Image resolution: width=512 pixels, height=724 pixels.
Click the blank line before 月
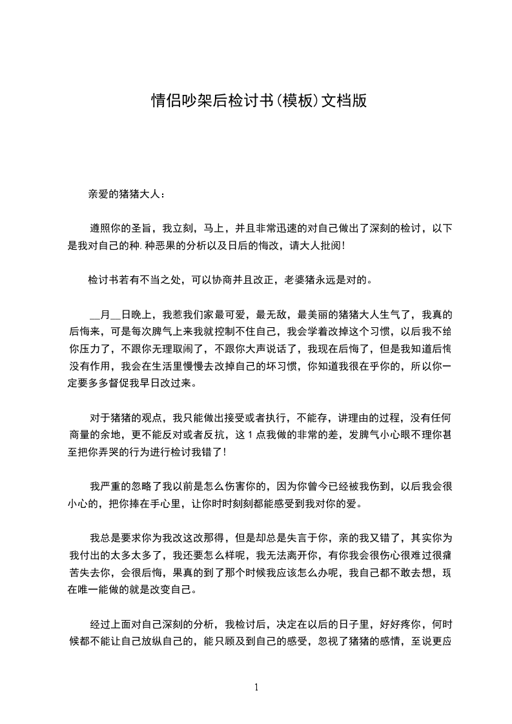point(95,316)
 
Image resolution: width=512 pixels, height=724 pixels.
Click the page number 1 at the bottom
point(257,687)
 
